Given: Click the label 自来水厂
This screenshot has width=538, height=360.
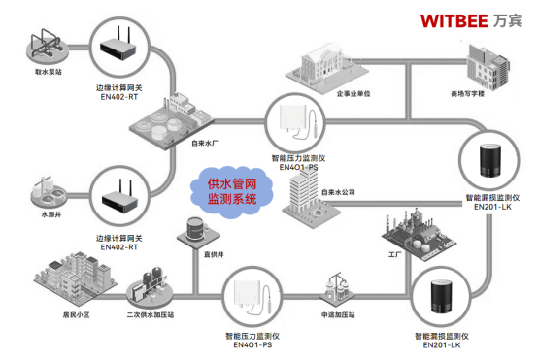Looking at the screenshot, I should tap(206, 143).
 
